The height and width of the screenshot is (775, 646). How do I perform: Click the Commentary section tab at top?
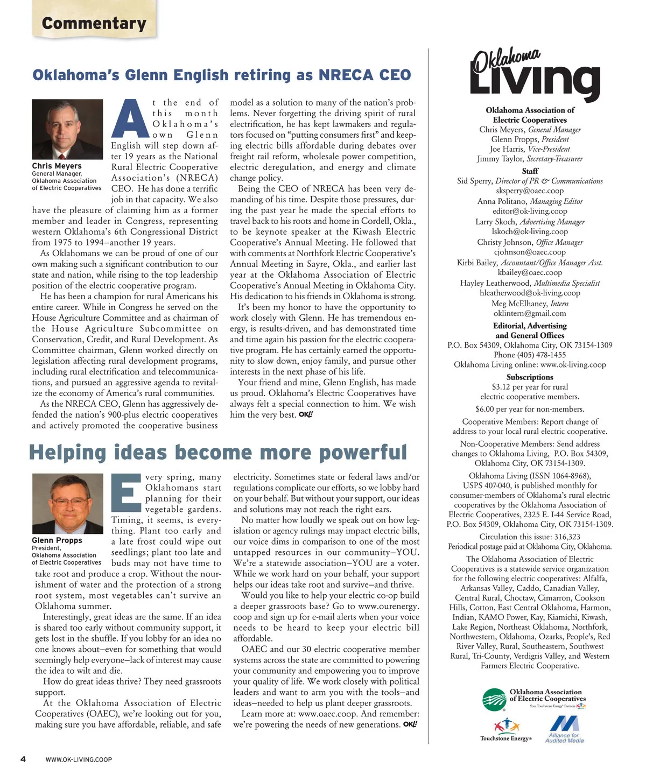pyautogui.click(x=94, y=23)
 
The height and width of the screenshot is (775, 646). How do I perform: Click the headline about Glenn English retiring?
pyautogui.click(x=221, y=75)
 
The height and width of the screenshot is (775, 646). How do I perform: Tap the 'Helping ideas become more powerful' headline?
pyautogui.click(x=217, y=452)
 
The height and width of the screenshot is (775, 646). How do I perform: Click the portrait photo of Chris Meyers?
pyautogui.click(x=67, y=129)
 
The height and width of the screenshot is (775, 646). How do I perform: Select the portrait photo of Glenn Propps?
pyautogui.click(x=67, y=503)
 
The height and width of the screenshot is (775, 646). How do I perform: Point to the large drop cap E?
pyautogui.click(x=127, y=492)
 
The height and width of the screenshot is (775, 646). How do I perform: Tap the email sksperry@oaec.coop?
pyautogui.click(x=530, y=191)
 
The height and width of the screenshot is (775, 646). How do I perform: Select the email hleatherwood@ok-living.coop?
pyautogui.click(x=530, y=293)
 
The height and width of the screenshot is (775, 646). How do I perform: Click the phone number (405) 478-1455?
pyautogui.click(x=530, y=355)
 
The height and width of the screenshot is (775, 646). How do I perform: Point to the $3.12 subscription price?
pyautogui.click(x=501, y=386)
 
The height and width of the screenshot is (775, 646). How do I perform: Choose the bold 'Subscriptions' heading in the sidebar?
pyautogui.click(x=530, y=377)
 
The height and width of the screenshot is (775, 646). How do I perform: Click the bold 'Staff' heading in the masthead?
pyautogui.click(x=530, y=171)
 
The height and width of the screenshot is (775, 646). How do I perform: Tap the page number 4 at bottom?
pyautogui.click(x=23, y=759)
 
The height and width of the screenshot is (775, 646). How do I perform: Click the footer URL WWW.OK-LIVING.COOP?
pyautogui.click(x=79, y=759)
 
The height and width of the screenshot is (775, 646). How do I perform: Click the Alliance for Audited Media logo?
pyautogui.click(x=564, y=729)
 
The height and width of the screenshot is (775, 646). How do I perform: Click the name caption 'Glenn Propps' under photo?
pyautogui.click(x=57, y=540)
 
